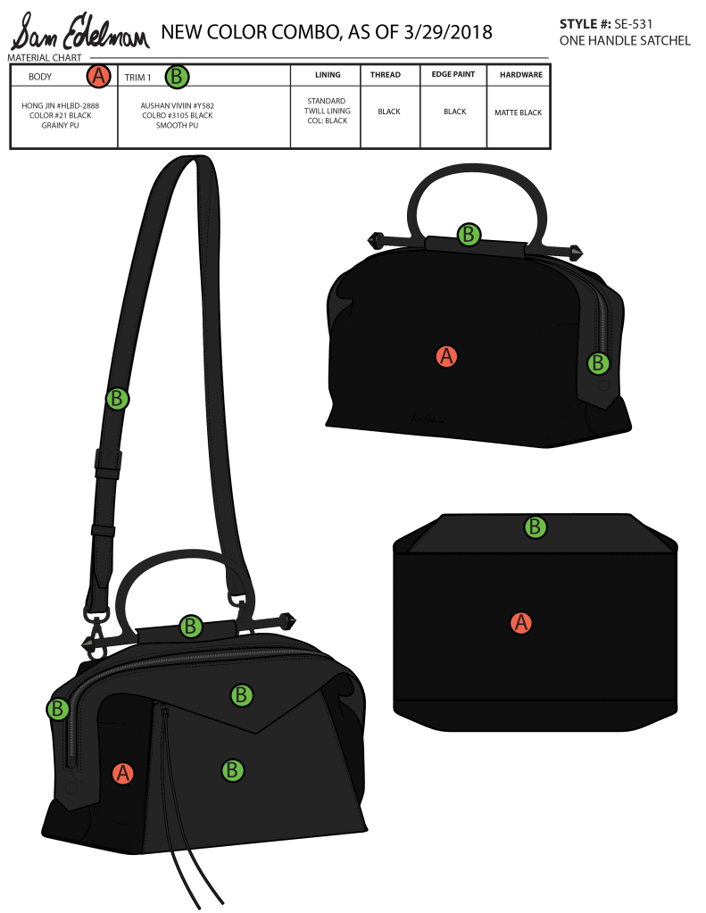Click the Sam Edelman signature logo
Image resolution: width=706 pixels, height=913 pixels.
pos(79,32)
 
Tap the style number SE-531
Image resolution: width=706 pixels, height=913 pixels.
pos(633,24)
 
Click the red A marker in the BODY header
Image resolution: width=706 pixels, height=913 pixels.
pos(99,76)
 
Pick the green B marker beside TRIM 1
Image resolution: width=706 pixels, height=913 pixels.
pos(177,76)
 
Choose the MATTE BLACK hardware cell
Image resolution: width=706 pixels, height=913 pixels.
pos(519,112)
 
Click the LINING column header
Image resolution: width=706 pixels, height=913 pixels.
pos(328,75)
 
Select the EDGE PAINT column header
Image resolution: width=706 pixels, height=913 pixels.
pos(453,74)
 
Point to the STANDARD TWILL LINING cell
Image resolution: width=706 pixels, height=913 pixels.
pos(327,111)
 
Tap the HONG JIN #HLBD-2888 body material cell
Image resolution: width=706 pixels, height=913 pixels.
pos(61,115)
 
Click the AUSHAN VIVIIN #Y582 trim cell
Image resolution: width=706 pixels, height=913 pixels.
pos(177,115)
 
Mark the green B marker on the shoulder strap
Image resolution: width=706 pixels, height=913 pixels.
pos(117,399)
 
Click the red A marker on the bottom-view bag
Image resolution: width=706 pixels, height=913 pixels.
pos(520,622)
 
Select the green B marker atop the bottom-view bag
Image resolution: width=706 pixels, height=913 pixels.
pos(535,527)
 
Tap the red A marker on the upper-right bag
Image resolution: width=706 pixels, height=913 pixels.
pos(446,356)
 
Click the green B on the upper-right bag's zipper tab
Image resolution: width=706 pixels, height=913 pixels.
pos(598,363)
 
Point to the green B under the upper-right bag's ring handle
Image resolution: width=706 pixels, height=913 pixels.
pos(469,235)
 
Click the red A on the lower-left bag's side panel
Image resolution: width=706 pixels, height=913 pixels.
pos(122,773)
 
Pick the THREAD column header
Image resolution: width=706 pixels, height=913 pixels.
pos(385,75)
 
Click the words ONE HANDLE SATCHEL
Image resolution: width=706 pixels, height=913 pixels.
pos(625,41)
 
